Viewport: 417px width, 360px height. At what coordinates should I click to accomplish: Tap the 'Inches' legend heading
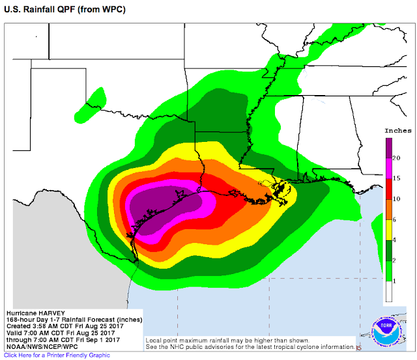coord(397,131)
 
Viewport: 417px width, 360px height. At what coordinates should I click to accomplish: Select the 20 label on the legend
coord(396,158)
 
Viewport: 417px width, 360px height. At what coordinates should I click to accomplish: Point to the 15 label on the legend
coord(396,178)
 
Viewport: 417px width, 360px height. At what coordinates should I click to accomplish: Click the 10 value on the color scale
coord(396,199)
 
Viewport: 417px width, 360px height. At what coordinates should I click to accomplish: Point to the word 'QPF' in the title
coord(57,10)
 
